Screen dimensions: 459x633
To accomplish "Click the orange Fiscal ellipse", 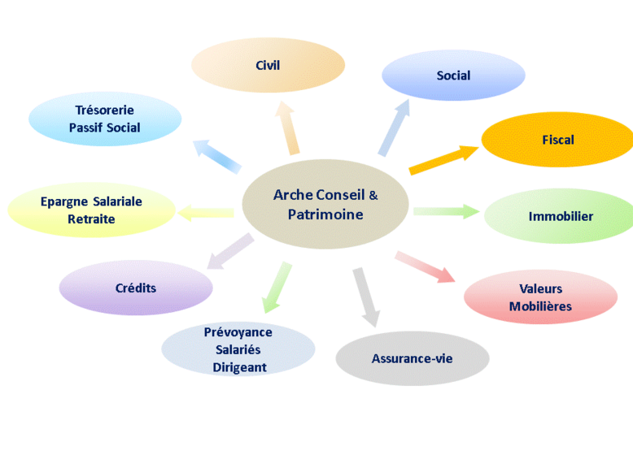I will pyautogui.click(x=557, y=140).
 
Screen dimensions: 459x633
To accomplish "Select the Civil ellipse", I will pyautogui.click(x=268, y=65).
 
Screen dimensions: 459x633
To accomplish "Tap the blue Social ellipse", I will pyautogui.click(x=453, y=76).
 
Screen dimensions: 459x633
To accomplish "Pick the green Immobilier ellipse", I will pyautogui.click(x=560, y=216).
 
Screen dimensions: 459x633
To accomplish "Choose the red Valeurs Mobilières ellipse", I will pyautogui.click(x=540, y=297).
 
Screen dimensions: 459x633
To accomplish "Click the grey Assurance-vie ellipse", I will pyautogui.click(x=412, y=358).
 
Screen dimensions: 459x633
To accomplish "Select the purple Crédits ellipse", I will pyautogui.click(x=136, y=288).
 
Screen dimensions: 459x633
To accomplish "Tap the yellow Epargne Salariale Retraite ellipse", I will pyautogui.click(x=91, y=210).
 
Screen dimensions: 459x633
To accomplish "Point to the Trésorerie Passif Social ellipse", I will pyautogui.click(x=104, y=119).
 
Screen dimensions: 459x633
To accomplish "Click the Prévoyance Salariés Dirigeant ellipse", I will pyautogui.click(x=238, y=349).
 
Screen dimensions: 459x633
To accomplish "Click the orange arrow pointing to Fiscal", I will pyautogui.click(x=443, y=159).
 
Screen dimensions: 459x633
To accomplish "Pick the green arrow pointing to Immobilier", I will pyautogui.click(x=446, y=212).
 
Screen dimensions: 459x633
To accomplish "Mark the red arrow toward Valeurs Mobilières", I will pyautogui.click(x=424, y=266).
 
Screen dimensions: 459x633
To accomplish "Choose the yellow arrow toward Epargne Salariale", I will pyautogui.click(x=207, y=214).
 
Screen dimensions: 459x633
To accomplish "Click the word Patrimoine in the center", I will pyautogui.click(x=325, y=214).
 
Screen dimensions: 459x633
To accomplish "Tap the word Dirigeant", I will pyautogui.click(x=239, y=367).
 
